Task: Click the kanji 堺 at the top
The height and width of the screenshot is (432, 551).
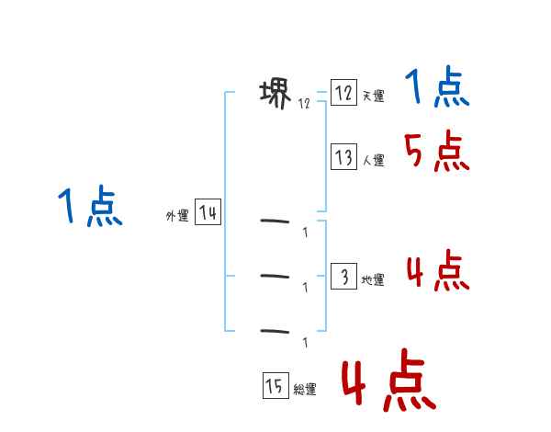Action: click(276, 93)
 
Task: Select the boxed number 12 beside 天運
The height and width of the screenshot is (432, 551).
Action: click(343, 93)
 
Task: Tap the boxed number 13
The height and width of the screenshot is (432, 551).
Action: click(343, 157)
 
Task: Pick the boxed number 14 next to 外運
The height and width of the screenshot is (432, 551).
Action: click(208, 214)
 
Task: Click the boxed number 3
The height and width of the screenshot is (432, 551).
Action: click(343, 277)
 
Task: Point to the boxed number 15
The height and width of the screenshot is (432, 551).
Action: click(274, 386)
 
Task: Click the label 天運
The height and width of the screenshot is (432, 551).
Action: click(373, 97)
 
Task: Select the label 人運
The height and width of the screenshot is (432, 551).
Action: click(373, 161)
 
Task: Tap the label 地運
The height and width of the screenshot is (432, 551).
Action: click(373, 280)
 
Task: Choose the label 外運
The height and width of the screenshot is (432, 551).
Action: click(177, 217)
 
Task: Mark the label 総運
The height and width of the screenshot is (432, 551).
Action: click(304, 390)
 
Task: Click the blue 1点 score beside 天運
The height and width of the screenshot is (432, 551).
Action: click(437, 89)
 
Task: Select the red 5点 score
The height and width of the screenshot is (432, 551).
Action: click(437, 152)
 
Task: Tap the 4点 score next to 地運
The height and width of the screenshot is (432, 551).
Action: click(437, 271)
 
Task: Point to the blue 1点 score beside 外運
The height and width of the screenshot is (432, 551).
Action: click(89, 207)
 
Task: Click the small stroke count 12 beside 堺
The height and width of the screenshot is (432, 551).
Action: click(304, 104)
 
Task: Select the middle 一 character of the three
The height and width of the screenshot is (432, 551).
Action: click(276, 276)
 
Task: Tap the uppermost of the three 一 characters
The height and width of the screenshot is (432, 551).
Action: click(276, 221)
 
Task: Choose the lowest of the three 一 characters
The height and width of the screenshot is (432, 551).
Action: click(276, 330)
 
